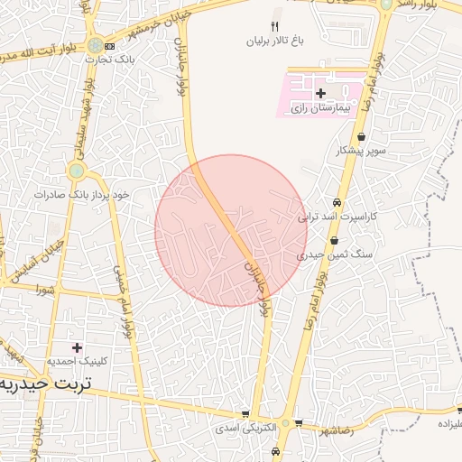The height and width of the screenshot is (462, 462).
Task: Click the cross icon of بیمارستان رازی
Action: click(320, 93)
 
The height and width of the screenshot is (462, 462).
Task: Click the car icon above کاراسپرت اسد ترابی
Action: click(337, 203)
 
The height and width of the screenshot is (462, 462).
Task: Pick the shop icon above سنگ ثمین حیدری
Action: click(335, 241)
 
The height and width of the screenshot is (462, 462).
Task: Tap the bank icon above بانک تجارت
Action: click(109, 46)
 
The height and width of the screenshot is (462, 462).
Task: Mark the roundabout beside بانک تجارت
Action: click(94, 45)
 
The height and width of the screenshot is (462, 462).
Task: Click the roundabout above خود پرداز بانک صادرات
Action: click(77, 170)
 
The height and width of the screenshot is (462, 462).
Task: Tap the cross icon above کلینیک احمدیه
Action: click(77, 346)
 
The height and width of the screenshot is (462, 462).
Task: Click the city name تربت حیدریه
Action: click(45, 383)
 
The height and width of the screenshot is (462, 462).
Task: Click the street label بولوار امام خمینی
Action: click(125, 299)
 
